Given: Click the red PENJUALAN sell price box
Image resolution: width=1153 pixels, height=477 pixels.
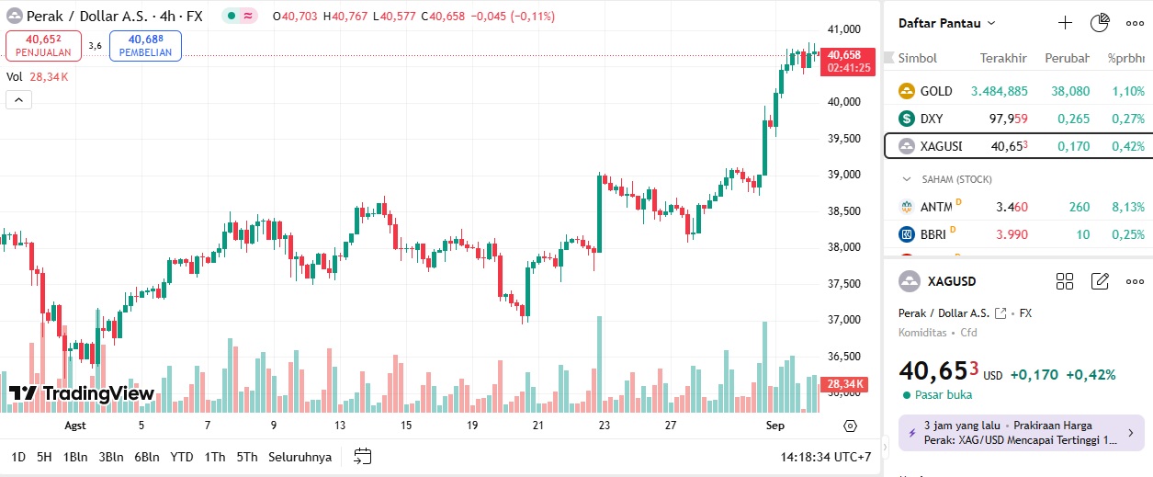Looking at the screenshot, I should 43,45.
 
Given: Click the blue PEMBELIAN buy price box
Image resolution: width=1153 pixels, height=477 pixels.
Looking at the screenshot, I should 145,45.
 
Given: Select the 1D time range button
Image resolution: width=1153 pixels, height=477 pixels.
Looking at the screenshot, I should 18,457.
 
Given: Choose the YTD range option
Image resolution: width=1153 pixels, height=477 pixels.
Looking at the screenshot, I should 182,457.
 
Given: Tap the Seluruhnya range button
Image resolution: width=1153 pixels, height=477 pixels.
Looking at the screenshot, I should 300,457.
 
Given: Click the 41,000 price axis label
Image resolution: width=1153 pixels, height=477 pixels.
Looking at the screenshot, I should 843,29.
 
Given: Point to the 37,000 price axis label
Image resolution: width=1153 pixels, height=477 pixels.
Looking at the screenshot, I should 843,320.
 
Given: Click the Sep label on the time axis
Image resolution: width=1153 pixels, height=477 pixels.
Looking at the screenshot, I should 774,426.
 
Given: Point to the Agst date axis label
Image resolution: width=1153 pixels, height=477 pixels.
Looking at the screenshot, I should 75,426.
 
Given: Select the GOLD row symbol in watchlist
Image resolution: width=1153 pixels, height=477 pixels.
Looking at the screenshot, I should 936,91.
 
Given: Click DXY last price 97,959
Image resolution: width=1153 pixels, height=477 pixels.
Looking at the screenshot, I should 1008,119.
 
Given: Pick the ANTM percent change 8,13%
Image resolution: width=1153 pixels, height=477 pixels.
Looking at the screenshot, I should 1126,207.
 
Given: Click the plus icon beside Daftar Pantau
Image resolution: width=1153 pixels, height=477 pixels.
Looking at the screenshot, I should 1065,23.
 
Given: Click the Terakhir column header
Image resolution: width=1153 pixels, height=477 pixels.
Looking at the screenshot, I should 1002,58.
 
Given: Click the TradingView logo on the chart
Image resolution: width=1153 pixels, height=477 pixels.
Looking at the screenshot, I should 81,394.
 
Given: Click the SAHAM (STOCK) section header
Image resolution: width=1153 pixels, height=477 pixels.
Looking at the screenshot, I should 955,179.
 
